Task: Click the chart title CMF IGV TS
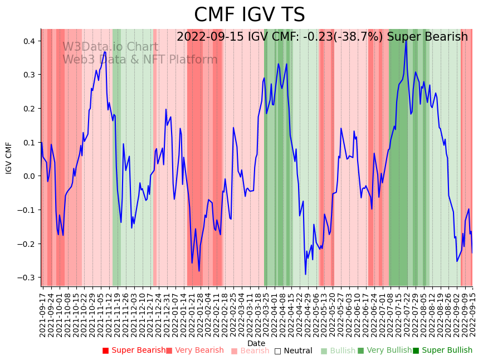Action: (249, 15)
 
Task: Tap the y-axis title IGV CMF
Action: (9, 158)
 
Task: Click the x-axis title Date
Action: (256, 343)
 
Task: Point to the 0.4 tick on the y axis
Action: (28, 41)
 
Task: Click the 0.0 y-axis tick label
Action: (28, 176)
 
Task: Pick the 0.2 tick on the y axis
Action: (28, 109)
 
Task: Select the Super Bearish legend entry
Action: (134, 351)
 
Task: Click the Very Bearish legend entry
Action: (195, 351)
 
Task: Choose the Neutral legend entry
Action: (294, 351)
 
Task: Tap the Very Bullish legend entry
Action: (384, 351)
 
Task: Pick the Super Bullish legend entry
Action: (443, 351)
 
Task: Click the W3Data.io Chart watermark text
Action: (110, 47)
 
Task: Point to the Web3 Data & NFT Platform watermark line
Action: (140, 60)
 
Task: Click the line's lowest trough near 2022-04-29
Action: (305, 274)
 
